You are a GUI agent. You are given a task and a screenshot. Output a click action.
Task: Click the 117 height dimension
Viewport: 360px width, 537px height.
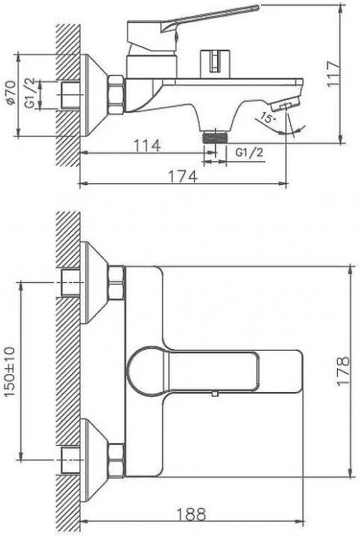(x=333, y=74)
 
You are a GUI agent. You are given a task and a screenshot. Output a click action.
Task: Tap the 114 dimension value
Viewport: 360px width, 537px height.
(x=147, y=146)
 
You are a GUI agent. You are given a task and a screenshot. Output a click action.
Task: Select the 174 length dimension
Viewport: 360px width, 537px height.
(x=183, y=176)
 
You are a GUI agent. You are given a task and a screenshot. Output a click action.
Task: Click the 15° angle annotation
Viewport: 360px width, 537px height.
(x=268, y=118)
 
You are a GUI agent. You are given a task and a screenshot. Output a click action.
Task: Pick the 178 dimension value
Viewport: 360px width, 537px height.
(x=343, y=371)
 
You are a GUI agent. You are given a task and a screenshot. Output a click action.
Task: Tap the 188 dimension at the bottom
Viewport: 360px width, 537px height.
(x=191, y=514)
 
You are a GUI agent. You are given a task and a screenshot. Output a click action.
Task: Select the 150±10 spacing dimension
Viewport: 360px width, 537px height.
(x=10, y=371)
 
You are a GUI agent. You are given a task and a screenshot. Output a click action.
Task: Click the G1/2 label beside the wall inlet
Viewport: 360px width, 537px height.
(x=31, y=93)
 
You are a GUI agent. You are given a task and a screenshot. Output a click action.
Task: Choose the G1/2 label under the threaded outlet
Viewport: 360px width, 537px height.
(x=249, y=152)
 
